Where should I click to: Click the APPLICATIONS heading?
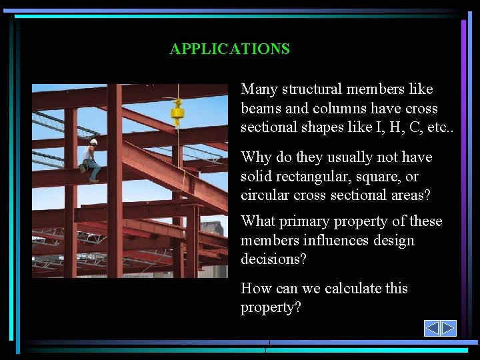tap(229, 49)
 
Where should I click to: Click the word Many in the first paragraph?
tap(259, 89)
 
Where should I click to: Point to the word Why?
tap(255, 157)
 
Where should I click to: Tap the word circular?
tap(265, 195)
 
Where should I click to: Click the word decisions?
tap(273, 259)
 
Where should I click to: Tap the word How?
tap(256, 289)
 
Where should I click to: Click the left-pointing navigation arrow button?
tap(432, 328)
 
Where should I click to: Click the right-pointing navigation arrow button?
tap(448, 328)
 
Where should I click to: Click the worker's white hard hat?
tap(93, 142)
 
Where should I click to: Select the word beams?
tap(261, 109)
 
